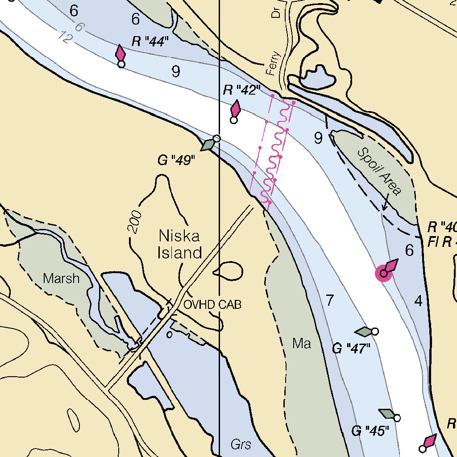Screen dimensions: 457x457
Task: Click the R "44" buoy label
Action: click(150, 42)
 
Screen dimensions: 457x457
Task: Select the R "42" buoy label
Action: click(241, 91)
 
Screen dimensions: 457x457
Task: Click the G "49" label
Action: click(177, 160)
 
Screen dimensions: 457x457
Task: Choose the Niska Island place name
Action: click(180, 244)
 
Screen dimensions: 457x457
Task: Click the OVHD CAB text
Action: click(212, 305)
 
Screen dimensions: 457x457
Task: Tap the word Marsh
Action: click(61, 279)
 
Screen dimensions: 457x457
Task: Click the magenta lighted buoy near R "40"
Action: click(384, 273)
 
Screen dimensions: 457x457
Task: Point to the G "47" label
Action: click(352, 348)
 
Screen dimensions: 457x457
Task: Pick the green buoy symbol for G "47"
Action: click(365, 332)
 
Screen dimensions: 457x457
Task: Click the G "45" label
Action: click(370, 431)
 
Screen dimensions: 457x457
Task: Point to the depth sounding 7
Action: click(330, 301)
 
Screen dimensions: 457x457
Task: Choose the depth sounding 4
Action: click(418, 301)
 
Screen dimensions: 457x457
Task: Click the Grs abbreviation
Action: click(241, 445)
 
